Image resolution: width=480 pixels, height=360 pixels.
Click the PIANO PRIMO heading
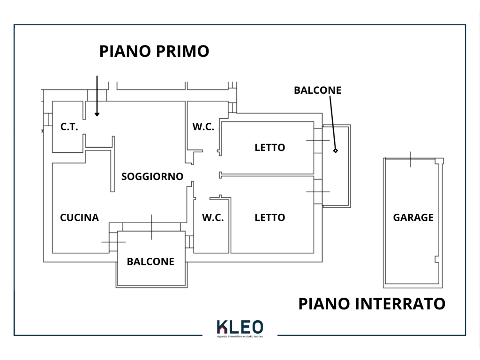tap(154, 51)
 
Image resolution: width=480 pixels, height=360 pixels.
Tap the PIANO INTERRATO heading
tap(372, 304)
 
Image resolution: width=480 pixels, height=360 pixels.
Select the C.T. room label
tap(69, 127)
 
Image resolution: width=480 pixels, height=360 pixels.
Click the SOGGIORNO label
tap(152, 177)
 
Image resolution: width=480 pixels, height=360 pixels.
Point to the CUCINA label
tap(79, 217)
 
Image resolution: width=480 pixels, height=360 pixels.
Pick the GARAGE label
tap(413, 217)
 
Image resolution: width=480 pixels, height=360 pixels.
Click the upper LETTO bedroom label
tap(270, 148)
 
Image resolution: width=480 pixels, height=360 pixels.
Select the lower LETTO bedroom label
tap(270, 217)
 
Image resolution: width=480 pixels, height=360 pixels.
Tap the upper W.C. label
tap(203, 127)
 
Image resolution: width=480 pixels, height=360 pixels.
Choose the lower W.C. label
tap(213, 217)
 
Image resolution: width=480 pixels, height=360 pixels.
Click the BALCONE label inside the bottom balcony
tap(150, 262)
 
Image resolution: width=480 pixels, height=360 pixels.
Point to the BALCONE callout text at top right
tap(317, 90)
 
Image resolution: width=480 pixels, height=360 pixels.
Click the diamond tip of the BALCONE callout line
tap(336, 150)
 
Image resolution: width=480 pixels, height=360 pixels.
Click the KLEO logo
tap(240, 327)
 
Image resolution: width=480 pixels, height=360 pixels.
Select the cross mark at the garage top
tap(410, 159)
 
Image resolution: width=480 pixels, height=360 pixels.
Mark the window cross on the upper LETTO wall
tap(318, 140)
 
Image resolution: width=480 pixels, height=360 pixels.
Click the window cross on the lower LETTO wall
tap(318, 192)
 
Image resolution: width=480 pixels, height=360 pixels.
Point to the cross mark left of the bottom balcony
tap(113, 242)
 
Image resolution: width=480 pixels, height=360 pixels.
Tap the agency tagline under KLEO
tap(240, 337)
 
